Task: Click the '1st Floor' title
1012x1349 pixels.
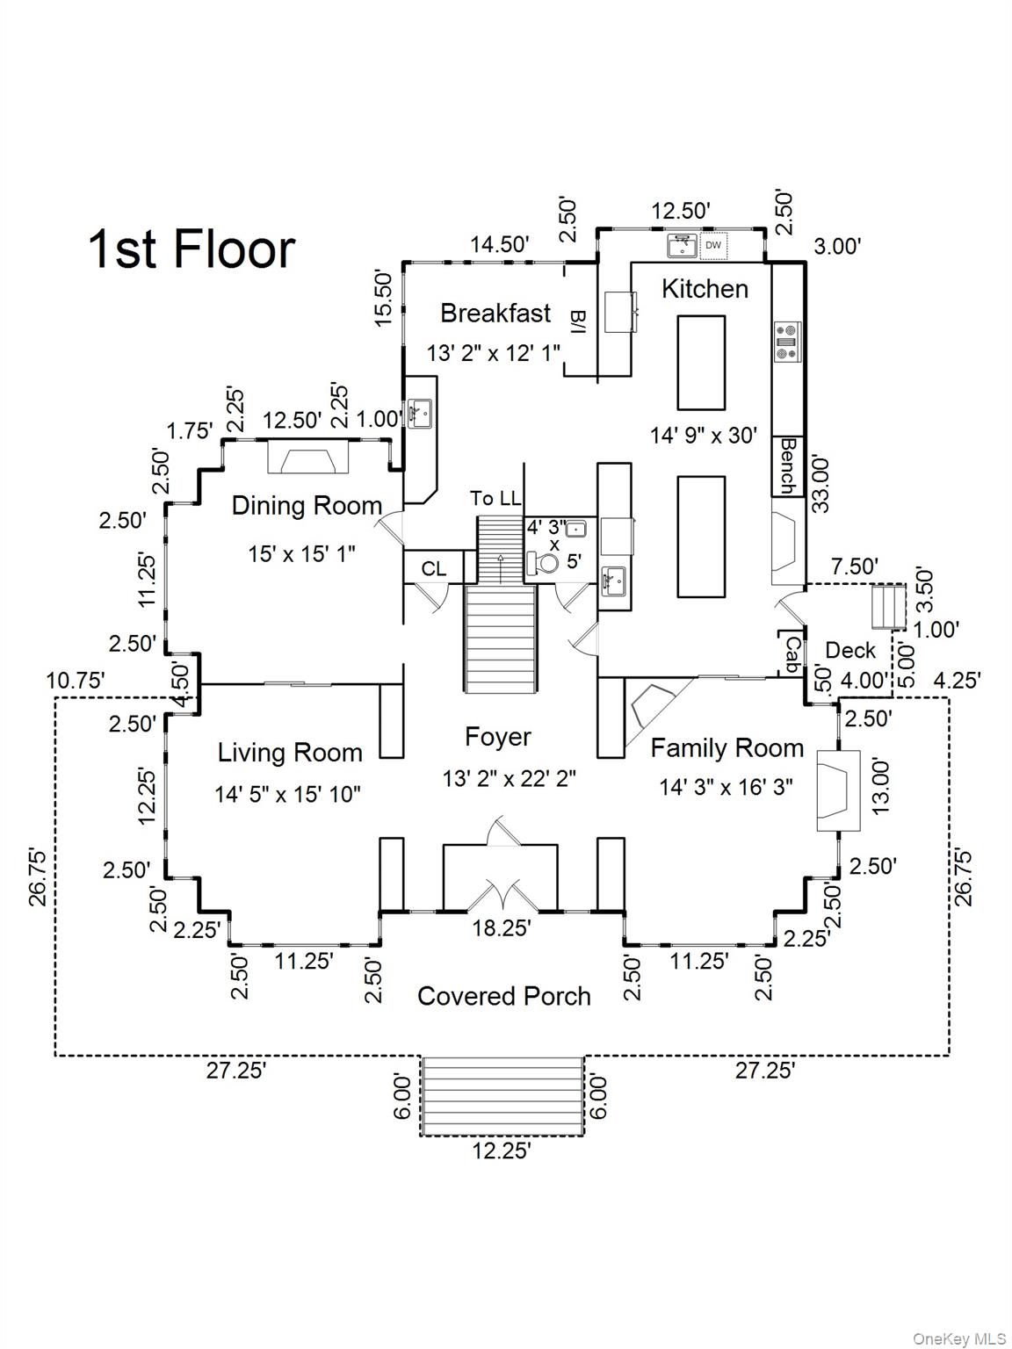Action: click(192, 249)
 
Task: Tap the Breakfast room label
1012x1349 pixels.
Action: click(495, 314)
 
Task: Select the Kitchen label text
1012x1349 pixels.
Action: click(705, 289)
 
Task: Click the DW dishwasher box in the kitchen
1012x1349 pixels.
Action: click(713, 245)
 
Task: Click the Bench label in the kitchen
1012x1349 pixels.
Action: click(788, 466)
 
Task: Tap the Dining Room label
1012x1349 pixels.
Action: click(307, 506)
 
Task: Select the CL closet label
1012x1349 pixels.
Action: click(433, 569)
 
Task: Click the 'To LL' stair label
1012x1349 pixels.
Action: click(495, 499)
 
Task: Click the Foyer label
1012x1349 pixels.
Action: click(498, 738)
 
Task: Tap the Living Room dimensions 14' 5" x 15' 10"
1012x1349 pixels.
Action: click(288, 795)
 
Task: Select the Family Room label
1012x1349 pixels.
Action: click(727, 748)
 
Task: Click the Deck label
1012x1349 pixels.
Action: click(850, 651)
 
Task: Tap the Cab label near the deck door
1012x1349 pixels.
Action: click(792, 654)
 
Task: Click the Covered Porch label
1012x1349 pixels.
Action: click(504, 996)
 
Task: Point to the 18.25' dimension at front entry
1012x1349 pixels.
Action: click(502, 928)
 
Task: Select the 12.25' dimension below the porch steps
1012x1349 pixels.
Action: click(502, 1151)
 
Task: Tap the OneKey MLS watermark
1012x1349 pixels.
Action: click(959, 1338)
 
